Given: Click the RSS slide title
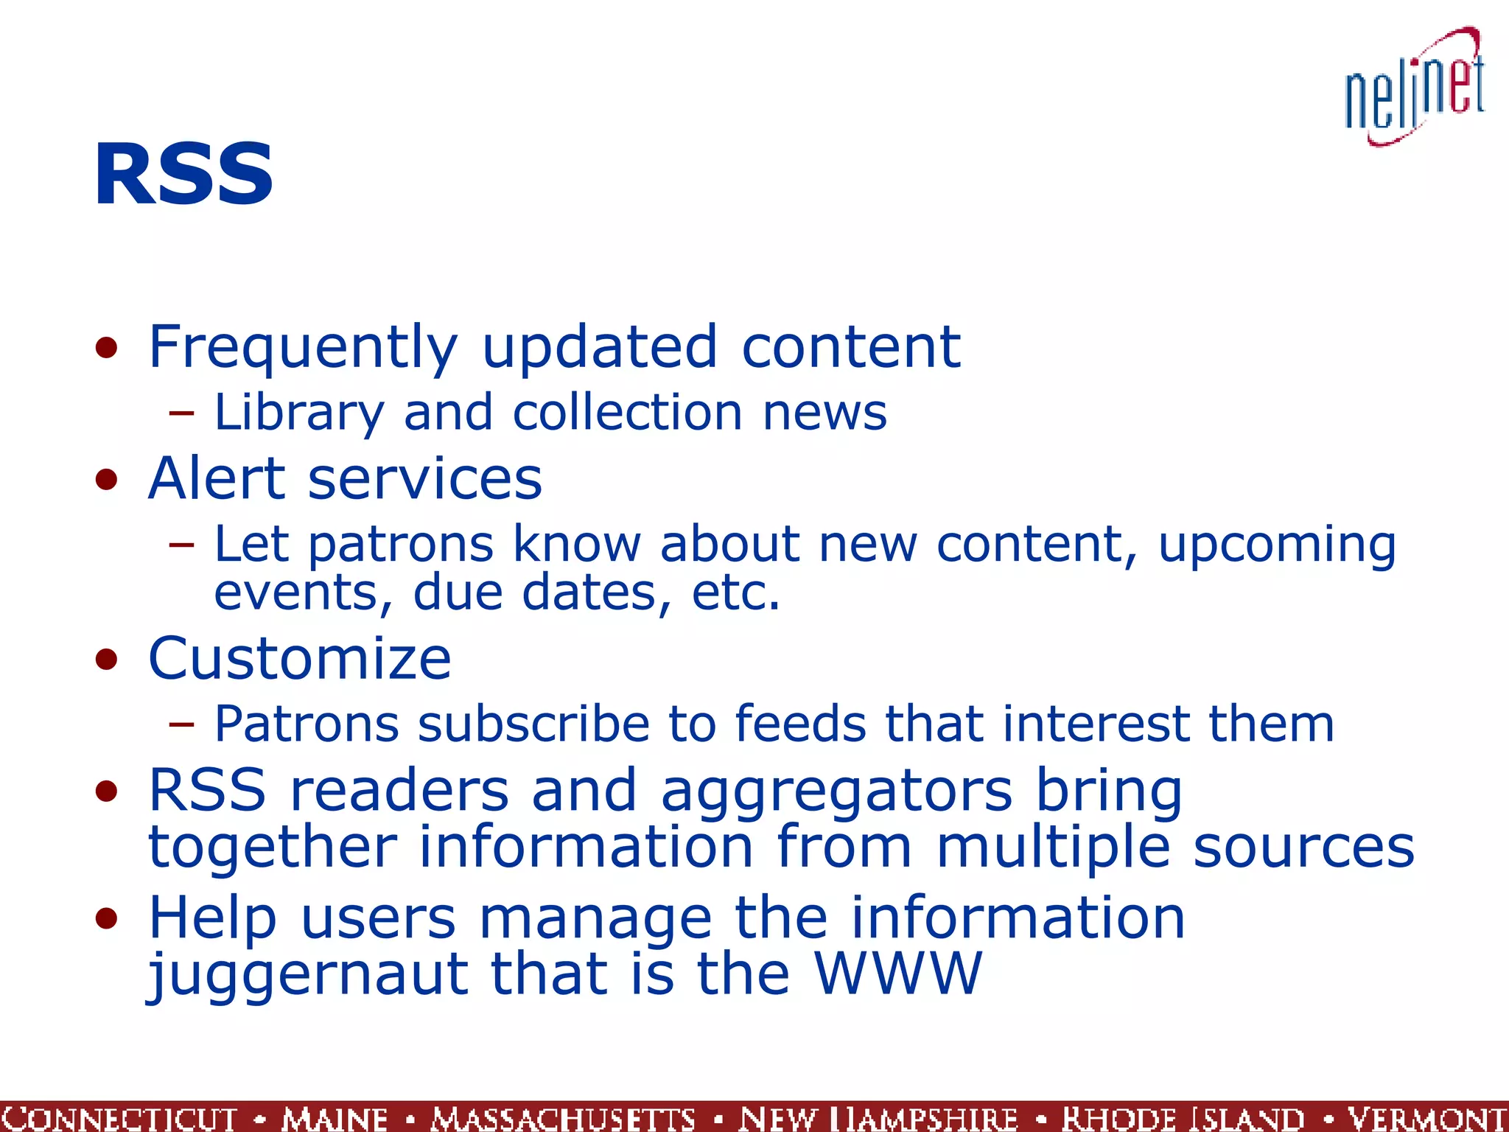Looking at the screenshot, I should (183, 175).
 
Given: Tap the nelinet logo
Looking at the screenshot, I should (1414, 88).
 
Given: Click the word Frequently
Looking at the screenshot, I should (303, 347).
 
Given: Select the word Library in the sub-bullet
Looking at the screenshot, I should (298, 413).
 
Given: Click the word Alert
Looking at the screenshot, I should (216, 479).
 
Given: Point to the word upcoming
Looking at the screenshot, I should (1276, 545).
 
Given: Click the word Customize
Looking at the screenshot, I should (299, 658).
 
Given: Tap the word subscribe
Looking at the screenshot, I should (533, 724).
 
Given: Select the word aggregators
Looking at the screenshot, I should (836, 791).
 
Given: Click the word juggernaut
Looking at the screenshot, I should (308, 974).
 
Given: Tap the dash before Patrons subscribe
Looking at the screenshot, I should (181, 724).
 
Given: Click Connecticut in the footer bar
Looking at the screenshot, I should (119, 1118).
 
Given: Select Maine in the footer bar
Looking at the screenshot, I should (335, 1118).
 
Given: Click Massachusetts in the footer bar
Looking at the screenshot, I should (564, 1118).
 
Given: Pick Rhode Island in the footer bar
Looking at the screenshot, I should (1183, 1118).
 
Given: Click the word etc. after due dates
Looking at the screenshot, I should (735, 593).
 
